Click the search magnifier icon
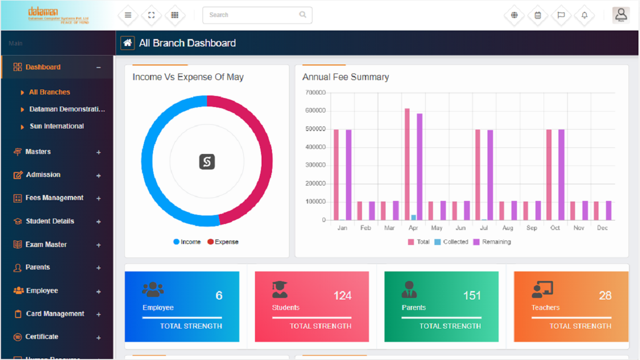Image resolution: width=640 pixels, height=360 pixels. (x=302, y=14)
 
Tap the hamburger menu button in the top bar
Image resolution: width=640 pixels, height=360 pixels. (x=128, y=15)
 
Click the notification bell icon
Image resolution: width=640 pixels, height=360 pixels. (x=584, y=15)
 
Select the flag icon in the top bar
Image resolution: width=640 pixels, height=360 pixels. (x=561, y=15)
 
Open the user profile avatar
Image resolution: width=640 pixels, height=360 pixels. (x=621, y=14)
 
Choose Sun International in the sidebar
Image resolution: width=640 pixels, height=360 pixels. (x=56, y=126)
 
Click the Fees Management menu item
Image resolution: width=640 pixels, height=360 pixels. (x=54, y=198)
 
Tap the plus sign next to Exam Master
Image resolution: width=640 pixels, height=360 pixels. (x=98, y=245)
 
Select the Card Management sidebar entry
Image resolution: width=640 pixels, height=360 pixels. (x=55, y=314)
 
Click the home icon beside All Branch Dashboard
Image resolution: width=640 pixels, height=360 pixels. (x=127, y=43)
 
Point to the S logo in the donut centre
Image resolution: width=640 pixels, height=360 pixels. (x=207, y=161)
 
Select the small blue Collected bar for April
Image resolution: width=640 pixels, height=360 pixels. (x=413, y=217)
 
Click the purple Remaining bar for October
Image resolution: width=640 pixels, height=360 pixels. (x=561, y=174)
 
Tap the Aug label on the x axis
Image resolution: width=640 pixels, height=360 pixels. (x=507, y=228)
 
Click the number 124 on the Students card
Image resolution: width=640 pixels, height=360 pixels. (x=342, y=295)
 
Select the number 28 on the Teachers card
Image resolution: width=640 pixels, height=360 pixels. (x=605, y=295)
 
